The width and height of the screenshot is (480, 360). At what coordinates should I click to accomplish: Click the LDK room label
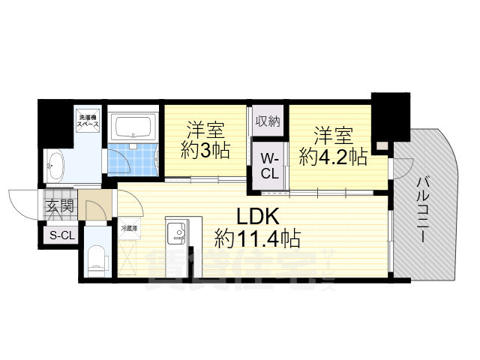[258, 217]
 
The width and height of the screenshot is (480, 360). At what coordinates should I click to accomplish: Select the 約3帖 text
[205, 149]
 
